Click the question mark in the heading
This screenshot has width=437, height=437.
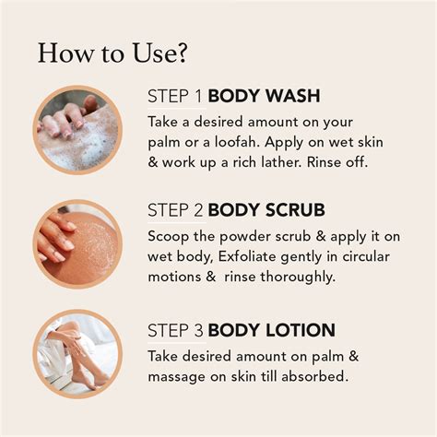(x=181, y=53)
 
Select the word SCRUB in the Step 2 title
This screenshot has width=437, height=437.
(x=295, y=210)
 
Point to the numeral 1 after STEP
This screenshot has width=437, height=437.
(x=198, y=96)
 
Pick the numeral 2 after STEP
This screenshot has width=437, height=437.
(x=198, y=210)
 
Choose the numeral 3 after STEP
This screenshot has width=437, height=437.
(x=198, y=331)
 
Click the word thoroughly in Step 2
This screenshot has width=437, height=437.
(x=297, y=277)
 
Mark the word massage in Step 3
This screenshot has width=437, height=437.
(x=176, y=377)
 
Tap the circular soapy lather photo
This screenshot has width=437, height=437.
(x=77, y=130)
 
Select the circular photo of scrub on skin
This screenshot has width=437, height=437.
(x=77, y=244)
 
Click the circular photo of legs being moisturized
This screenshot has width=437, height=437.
(x=77, y=354)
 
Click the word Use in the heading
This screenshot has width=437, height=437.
(x=153, y=53)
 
